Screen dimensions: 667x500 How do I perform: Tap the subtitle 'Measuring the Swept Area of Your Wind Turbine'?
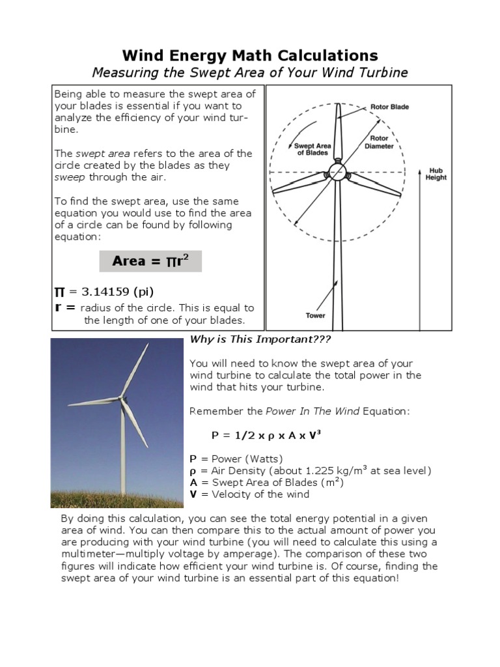point(250,72)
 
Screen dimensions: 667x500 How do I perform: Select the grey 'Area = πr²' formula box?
point(150,261)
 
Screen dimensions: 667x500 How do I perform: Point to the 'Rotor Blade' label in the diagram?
point(389,107)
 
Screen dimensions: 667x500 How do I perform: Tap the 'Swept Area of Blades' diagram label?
point(312,149)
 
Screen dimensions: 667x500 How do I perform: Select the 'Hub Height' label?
point(436,173)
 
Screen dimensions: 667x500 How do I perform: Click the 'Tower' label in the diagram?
point(315,316)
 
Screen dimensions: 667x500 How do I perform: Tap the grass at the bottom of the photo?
point(117,498)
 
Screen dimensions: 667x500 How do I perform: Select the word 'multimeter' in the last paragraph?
point(89,554)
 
